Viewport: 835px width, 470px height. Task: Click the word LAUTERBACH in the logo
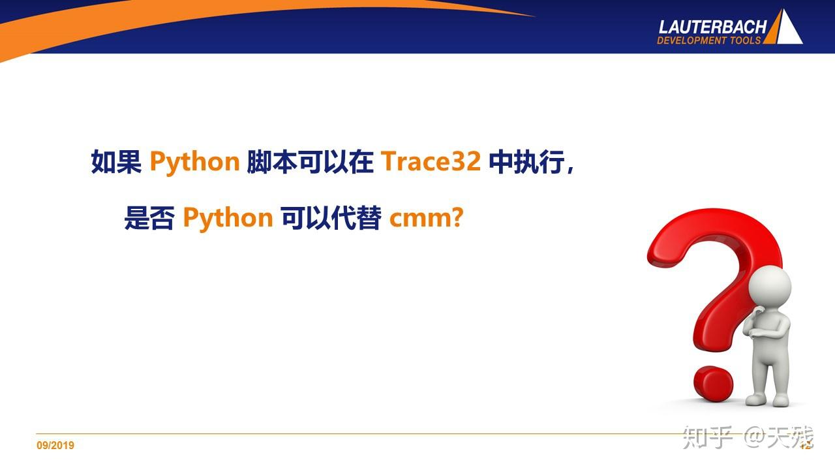pyautogui.click(x=712, y=27)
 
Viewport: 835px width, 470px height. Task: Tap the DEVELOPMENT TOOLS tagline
pyautogui.click(x=708, y=40)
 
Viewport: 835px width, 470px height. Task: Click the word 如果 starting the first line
pyautogui.click(x=117, y=162)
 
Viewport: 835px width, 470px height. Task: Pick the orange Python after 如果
pyautogui.click(x=194, y=163)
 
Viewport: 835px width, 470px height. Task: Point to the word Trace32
pyautogui.click(x=431, y=162)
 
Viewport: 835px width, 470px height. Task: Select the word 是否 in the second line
pyautogui.click(x=149, y=217)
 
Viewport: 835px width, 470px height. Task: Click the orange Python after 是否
pyautogui.click(x=228, y=218)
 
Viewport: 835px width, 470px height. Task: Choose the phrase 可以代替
pyautogui.click(x=331, y=217)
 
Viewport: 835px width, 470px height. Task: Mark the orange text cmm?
pyautogui.click(x=426, y=218)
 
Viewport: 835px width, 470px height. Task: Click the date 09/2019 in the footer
pyautogui.click(x=55, y=446)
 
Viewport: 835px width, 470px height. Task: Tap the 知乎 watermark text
pyautogui.click(x=708, y=437)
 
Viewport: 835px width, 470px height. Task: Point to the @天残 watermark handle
pyautogui.click(x=780, y=437)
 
